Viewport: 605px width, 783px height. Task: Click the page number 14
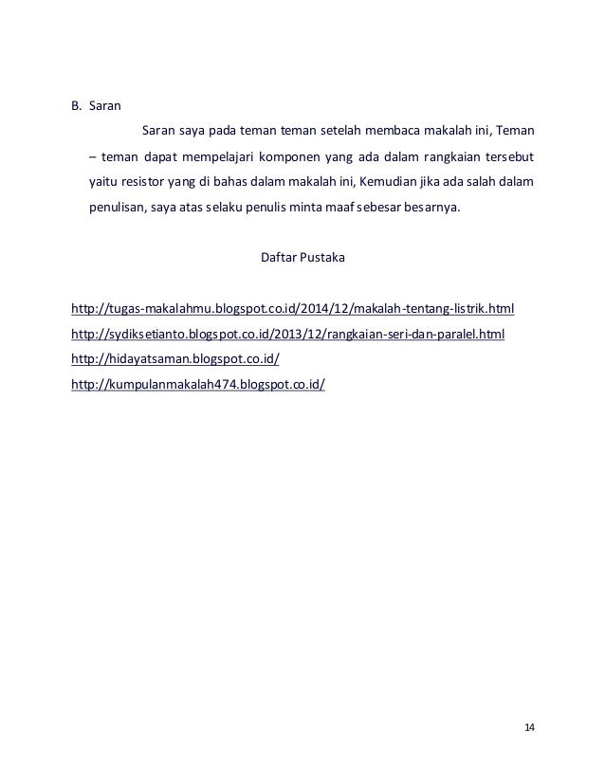[x=529, y=727]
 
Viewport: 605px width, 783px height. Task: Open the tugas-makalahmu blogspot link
[x=293, y=309]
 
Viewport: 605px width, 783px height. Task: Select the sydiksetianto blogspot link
[x=288, y=335]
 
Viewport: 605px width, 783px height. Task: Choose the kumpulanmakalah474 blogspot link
[x=198, y=386]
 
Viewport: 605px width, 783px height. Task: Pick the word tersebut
[x=508, y=155]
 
